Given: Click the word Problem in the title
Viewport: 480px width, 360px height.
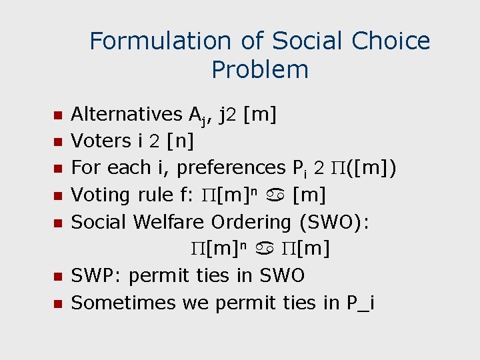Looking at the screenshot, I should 260,69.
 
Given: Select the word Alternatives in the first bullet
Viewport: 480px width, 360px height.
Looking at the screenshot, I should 126,115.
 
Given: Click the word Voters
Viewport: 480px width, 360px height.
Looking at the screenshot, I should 101,141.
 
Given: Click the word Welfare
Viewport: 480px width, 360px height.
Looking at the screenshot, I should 172,222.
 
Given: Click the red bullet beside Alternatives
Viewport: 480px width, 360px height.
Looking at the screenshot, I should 57,115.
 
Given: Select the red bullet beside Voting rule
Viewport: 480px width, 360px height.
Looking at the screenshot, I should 57,196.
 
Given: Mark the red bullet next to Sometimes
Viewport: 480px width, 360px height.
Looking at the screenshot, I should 57,303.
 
